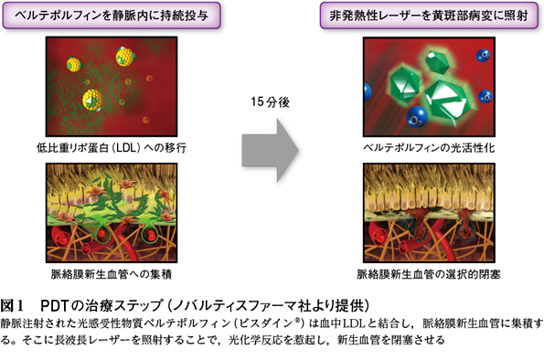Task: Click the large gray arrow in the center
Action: tap(270, 150)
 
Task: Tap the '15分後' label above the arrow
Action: tap(270, 101)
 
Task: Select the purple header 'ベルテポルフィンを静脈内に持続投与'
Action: tap(112, 16)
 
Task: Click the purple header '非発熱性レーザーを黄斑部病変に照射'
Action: tap(429, 16)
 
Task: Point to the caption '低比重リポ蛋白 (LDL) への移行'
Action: tap(112, 148)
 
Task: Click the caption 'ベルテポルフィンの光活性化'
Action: tap(429, 148)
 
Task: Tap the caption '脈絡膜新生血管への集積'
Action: tap(112, 274)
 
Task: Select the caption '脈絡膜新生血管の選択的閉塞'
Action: tap(429, 274)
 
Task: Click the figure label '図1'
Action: tap(12, 305)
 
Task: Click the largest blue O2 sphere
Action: tap(417, 117)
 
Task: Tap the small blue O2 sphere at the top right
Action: tap(483, 55)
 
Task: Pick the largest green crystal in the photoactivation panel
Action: tap(448, 101)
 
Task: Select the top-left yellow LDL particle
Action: tap(74, 64)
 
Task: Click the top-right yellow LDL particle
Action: tap(125, 56)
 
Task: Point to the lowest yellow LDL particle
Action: tap(92, 100)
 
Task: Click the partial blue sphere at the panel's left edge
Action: tap(367, 91)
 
